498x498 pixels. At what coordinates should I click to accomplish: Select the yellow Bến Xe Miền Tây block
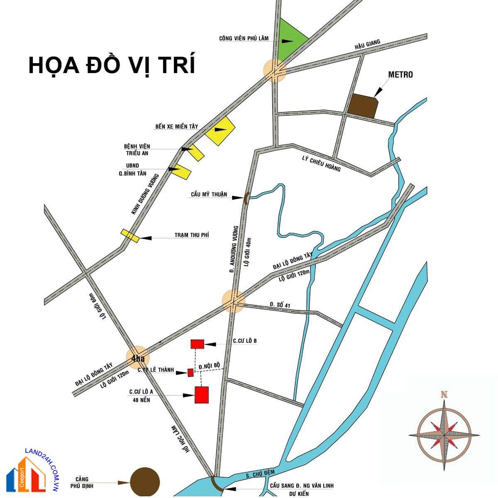[x=220, y=131]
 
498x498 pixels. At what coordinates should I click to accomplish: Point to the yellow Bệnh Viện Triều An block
[x=195, y=153]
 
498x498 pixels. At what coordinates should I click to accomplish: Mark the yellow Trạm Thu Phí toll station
[x=129, y=235]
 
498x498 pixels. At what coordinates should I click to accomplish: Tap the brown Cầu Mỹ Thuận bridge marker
[x=246, y=198]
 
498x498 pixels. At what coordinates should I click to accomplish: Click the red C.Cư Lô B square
[x=197, y=344]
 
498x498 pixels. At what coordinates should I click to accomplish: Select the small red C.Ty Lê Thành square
[x=190, y=373]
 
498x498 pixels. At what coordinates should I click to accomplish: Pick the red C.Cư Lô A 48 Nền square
[x=202, y=394]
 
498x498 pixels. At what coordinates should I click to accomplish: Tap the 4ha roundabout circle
[x=137, y=358]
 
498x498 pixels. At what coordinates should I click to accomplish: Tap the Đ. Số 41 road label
[x=280, y=305]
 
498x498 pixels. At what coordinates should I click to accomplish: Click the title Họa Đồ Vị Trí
[x=112, y=65]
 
